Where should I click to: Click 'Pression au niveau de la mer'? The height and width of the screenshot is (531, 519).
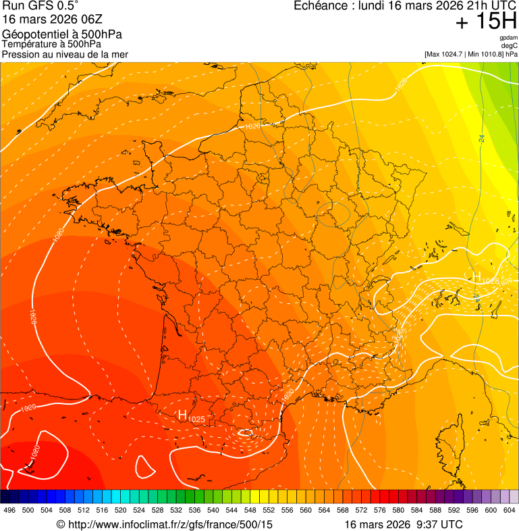65,54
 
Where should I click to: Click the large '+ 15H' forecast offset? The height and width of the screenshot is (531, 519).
486,22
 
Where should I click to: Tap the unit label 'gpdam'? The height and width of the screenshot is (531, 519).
509,38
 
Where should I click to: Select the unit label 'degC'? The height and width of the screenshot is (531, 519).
510,45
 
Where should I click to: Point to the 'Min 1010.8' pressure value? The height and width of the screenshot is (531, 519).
485,54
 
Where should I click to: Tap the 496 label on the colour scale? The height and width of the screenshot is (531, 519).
9,510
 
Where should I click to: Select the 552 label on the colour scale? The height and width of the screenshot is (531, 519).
268,510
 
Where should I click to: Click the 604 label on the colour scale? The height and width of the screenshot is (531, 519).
509,510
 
